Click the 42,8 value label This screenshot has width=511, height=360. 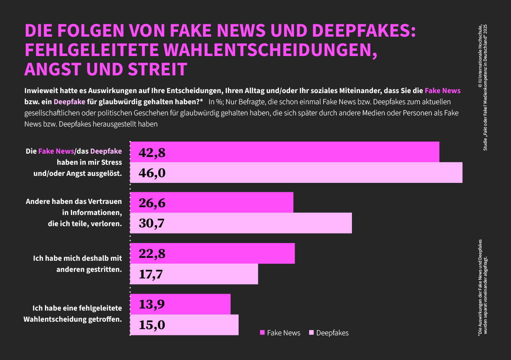[152, 153]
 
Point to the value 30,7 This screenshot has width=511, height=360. [152, 223]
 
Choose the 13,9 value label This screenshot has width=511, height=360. [152, 304]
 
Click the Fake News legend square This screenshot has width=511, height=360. [263, 333]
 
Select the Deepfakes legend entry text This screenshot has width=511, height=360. [332, 333]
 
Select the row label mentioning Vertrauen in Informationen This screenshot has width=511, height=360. [74, 213]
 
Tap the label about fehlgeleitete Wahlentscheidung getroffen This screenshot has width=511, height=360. [73, 313]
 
